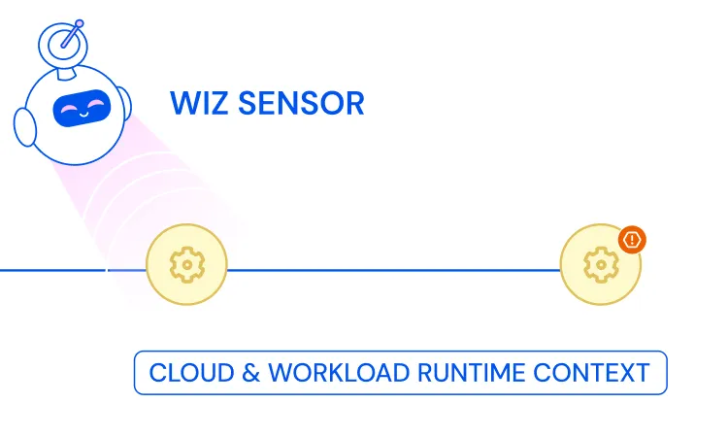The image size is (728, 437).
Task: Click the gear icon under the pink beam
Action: (185, 264)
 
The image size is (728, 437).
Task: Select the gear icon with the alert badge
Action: (600, 264)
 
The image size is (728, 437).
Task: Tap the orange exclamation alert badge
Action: (632, 239)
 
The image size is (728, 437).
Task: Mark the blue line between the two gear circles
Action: (393, 270)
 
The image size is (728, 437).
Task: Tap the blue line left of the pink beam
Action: (49, 270)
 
